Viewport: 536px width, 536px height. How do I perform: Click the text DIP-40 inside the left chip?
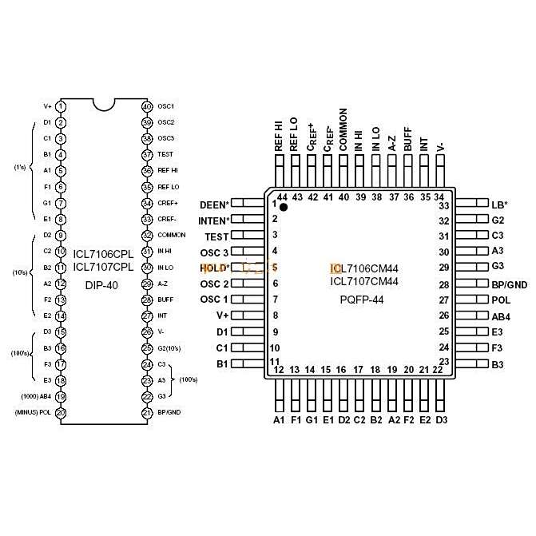click(x=101, y=285)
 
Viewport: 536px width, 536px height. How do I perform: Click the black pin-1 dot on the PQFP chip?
click(x=283, y=207)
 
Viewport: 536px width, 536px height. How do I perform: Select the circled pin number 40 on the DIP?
click(x=146, y=106)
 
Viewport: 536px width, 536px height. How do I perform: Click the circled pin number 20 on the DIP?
click(x=61, y=413)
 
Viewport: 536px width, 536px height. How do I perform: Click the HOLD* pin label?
click(x=213, y=268)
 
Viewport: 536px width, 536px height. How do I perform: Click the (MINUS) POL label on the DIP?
click(x=34, y=413)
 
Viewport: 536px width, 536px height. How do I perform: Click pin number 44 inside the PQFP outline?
click(x=282, y=197)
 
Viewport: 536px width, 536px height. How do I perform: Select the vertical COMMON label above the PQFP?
click(x=343, y=130)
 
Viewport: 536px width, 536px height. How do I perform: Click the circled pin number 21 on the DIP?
click(x=146, y=413)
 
